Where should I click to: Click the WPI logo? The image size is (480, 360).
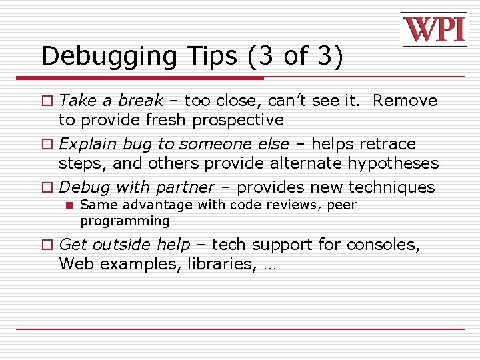tap(433, 30)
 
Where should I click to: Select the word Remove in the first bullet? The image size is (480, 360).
tap(405, 101)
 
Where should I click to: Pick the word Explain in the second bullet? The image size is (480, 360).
tap(83, 144)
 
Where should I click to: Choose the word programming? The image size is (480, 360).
tap(125, 221)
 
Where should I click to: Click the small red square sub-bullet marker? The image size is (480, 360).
tap(68, 205)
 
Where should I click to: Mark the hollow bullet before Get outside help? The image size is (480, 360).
tap(47, 245)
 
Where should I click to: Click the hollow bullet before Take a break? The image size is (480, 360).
tap(47, 101)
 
